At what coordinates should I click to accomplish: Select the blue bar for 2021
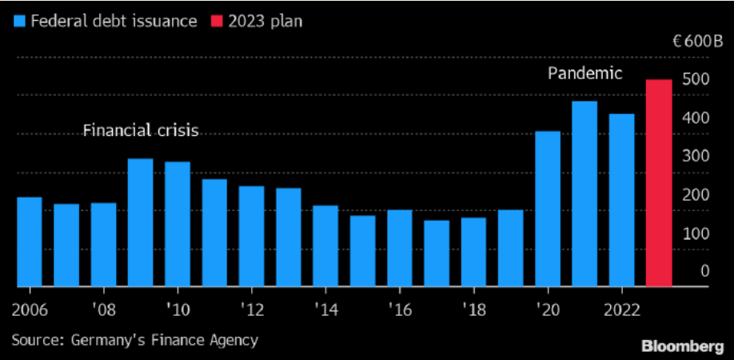click(x=584, y=193)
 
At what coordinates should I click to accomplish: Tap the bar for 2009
click(x=141, y=222)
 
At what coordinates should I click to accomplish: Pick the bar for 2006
click(x=30, y=241)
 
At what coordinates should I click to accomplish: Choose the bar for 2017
click(x=437, y=253)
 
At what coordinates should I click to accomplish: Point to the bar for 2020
click(x=548, y=208)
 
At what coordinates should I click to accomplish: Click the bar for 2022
click(x=621, y=199)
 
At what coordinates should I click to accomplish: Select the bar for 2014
click(x=325, y=246)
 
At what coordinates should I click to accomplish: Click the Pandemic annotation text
click(x=584, y=74)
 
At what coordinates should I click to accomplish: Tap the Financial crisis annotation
click(x=141, y=130)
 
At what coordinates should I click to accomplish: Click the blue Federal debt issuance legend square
click(x=20, y=21)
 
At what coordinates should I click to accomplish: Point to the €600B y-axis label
click(x=697, y=42)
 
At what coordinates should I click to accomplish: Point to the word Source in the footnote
click(x=35, y=340)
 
